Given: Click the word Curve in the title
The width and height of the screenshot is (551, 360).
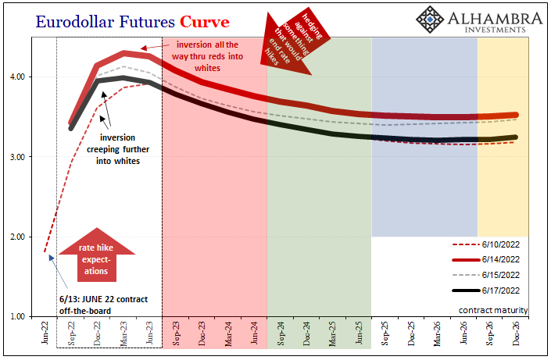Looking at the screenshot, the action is click(205, 22).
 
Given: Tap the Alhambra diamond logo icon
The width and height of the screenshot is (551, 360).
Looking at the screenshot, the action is click(430, 20).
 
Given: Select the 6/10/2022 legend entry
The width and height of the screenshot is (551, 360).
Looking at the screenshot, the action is click(485, 244).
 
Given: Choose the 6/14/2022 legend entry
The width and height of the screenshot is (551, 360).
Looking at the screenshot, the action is click(485, 259).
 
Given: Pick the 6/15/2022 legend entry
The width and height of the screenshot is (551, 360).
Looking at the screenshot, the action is click(485, 275).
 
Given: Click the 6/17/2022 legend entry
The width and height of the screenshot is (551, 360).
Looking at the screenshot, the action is click(485, 290).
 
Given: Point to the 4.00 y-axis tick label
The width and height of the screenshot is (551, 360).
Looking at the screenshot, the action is click(17, 77).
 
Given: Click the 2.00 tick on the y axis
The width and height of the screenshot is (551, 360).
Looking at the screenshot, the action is click(17, 237).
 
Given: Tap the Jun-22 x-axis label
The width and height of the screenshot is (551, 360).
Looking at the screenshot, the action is click(45, 332).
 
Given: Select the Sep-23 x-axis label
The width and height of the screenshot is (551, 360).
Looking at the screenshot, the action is click(176, 333).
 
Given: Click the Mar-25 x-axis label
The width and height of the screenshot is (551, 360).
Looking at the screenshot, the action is click(333, 333).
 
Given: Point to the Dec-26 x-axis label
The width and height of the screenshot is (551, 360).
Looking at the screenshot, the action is click(516, 333).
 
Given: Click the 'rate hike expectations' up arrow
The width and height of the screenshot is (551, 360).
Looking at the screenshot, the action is click(97, 255).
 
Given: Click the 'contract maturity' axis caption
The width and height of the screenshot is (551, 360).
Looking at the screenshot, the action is click(493, 310).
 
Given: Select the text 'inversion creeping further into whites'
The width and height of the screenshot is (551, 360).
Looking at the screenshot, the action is click(118, 149).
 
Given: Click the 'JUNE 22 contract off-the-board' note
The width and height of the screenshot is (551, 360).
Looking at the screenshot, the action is click(104, 305).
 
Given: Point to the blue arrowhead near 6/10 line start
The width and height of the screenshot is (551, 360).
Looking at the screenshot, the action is click(52, 258).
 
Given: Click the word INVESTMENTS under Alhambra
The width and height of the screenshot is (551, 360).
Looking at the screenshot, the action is click(496, 30).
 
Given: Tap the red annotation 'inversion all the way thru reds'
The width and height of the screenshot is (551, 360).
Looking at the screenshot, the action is click(207, 56).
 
